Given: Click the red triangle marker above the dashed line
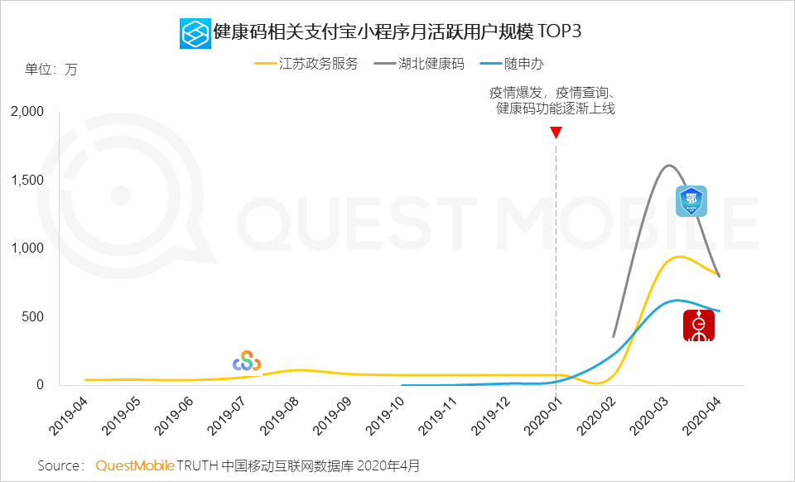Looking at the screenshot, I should tap(556, 133).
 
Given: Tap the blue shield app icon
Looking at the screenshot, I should tap(692, 200).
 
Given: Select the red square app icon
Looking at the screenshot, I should tap(699, 325).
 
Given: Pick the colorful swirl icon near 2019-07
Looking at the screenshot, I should tap(247, 361).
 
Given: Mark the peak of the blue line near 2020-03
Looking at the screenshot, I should tap(677, 300).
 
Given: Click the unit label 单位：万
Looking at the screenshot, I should tap(51, 70).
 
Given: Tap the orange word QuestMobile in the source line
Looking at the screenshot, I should tap(135, 465).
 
